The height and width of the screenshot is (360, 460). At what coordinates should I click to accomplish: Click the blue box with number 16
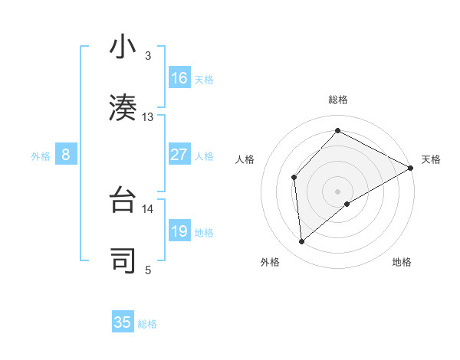pos(179,78)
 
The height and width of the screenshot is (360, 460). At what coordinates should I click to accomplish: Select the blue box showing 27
pos(179,155)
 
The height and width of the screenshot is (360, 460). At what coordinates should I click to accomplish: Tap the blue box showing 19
pos(179,232)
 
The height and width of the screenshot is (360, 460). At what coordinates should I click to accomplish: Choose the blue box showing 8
pos(66,155)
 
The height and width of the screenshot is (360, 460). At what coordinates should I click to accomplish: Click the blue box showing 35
pos(123,322)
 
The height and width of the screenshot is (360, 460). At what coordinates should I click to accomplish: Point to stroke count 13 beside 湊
pos(148,117)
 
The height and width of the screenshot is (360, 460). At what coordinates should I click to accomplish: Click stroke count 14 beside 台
pos(148,208)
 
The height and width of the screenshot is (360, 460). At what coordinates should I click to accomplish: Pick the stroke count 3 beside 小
pos(148,56)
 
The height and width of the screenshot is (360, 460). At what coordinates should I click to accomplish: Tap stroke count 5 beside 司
pos(148,270)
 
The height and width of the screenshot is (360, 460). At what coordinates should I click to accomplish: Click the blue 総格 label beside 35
pos(147,324)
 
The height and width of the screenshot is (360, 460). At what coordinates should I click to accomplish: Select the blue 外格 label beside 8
pos(41,156)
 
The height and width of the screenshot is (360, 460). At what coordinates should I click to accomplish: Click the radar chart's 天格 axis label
pos(431,159)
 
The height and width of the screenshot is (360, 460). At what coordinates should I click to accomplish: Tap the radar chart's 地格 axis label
pos(402,262)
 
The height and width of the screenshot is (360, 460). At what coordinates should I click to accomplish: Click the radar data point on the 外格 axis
pos(302,242)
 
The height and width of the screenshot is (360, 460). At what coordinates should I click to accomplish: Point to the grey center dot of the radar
pos(338,191)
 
